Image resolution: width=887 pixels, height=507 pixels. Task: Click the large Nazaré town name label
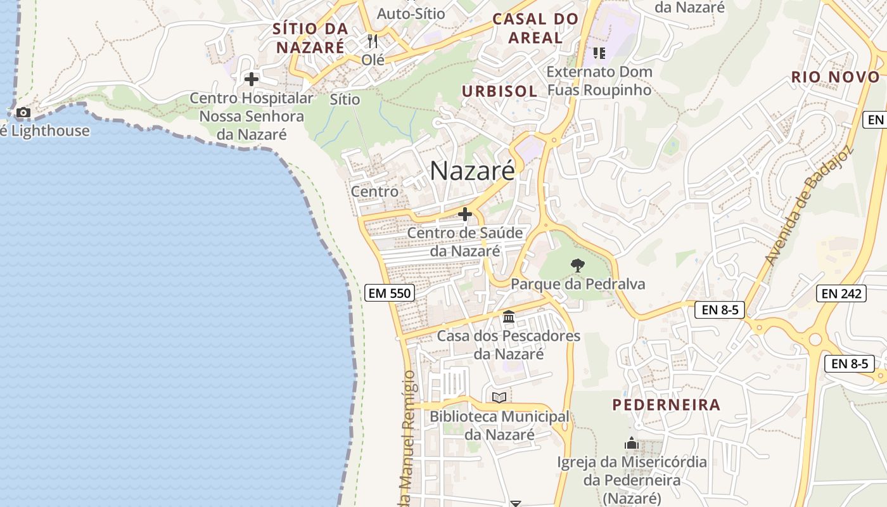coord(472,170)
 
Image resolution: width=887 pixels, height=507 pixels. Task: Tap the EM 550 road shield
coord(390,293)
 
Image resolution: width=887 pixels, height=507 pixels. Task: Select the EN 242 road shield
coord(842,293)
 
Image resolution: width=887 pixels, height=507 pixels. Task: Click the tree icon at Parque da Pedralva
coord(577,266)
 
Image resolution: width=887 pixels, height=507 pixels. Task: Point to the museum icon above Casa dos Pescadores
coord(508,316)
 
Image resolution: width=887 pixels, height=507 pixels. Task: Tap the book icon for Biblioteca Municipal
coord(499,397)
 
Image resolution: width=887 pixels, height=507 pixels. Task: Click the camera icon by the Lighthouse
coord(23,113)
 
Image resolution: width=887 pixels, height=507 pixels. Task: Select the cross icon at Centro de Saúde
coord(465,214)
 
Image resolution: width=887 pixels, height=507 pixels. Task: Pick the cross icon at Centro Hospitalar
coord(252,79)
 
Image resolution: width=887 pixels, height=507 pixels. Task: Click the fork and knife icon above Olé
coord(373,41)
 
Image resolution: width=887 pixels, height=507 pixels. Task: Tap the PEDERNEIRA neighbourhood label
coord(666,404)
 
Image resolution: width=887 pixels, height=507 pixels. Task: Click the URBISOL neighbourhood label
coord(499,91)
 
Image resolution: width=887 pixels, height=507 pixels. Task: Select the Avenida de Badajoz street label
coord(809,207)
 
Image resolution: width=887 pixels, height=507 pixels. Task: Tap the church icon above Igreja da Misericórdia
coord(631,443)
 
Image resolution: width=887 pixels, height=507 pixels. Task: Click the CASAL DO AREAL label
coord(536,28)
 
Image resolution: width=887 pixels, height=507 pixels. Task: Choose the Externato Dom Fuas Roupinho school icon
coord(599,53)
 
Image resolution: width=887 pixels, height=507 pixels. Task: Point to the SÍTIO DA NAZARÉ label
coord(310,37)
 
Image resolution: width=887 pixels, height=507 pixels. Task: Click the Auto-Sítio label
coord(411,13)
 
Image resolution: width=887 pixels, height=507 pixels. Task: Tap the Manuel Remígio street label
coord(409,437)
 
